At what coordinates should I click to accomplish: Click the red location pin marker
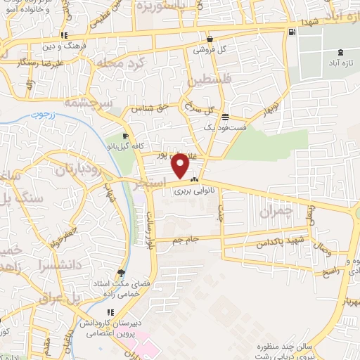pyautogui.click(x=181, y=166)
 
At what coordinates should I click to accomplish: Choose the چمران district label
pyautogui.click(x=275, y=211)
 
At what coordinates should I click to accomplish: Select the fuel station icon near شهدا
pyautogui.click(x=292, y=32)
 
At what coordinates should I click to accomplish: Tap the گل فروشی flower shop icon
pyautogui.click(x=210, y=39)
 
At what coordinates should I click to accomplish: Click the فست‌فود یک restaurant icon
pyautogui.click(x=224, y=117)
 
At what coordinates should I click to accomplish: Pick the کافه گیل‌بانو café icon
pyautogui.click(x=125, y=136)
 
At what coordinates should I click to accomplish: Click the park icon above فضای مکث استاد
pyautogui.click(x=122, y=273)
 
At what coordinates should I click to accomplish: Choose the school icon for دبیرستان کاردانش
pyautogui.click(x=110, y=312)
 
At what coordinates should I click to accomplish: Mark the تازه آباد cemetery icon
pyautogui.click(x=341, y=52)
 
